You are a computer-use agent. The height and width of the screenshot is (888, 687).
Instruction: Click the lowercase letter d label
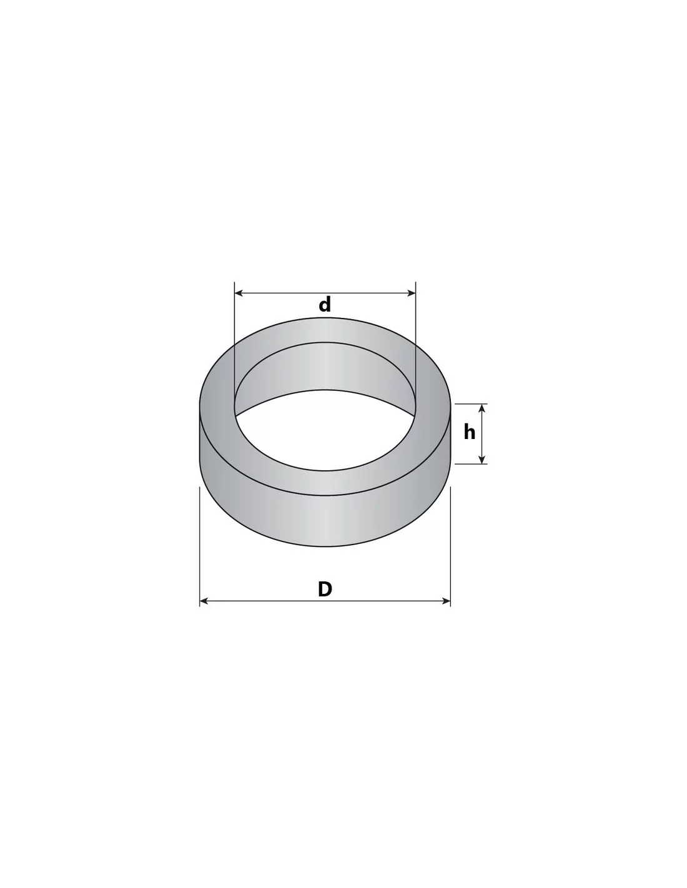(x=325, y=305)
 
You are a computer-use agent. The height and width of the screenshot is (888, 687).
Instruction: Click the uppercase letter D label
(x=325, y=589)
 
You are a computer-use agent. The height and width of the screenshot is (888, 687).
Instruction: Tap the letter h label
(x=469, y=432)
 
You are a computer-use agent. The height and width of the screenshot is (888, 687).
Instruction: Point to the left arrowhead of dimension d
(x=239, y=293)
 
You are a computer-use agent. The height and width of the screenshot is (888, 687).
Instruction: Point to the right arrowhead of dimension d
(x=411, y=293)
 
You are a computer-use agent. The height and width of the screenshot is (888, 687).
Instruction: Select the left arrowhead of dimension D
(x=204, y=601)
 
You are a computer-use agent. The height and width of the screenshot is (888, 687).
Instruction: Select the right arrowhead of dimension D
(x=445, y=601)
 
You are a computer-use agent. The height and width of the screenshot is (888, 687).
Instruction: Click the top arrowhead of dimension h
(x=482, y=408)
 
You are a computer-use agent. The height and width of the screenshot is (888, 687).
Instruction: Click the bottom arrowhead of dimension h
(x=482, y=460)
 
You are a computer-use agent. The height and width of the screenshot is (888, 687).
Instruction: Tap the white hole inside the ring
(x=325, y=433)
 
